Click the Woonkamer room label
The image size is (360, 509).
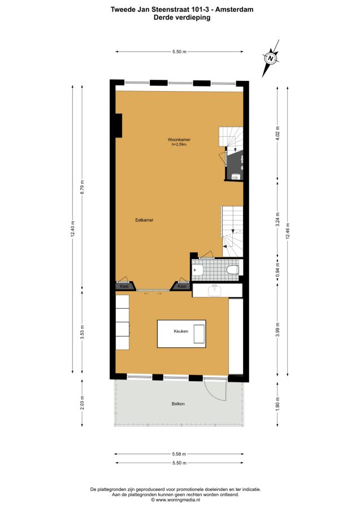click(179, 140)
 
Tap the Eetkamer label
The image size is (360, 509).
click(144, 220)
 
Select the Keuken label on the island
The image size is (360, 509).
click(181, 331)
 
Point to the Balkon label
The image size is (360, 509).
click(178, 404)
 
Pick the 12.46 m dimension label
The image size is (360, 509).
click(288, 231)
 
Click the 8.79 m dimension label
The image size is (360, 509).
click(83, 187)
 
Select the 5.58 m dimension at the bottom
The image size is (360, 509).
click(179, 454)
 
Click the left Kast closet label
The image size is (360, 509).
click(124, 286)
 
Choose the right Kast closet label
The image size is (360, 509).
click(182, 286)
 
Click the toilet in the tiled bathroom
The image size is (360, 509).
click(233, 270)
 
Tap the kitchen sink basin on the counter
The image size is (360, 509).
click(215, 290)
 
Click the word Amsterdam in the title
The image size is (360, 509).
click(235, 10)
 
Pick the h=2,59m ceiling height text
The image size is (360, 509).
click(179, 145)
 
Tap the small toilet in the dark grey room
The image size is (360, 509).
click(236, 176)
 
